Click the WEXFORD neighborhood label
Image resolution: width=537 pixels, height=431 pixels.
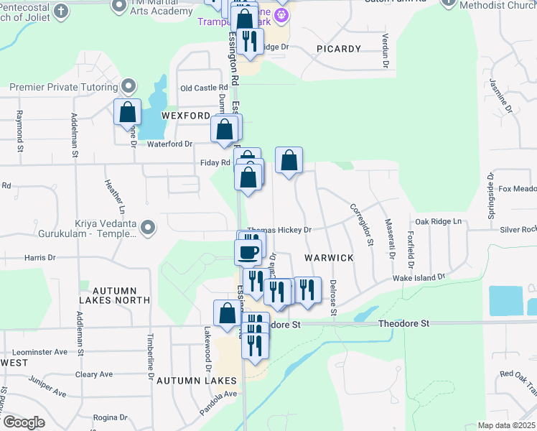point(186,115)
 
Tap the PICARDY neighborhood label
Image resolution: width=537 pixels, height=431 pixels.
point(337,49)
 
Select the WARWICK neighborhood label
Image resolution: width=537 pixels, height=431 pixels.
point(329,257)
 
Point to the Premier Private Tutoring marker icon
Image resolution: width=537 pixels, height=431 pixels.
point(129,87)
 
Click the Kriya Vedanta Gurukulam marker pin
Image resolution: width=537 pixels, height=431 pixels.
point(148,228)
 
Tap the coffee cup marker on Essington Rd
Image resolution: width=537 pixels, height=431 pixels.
point(248,252)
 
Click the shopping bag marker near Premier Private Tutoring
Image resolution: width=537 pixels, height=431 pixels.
point(127,112)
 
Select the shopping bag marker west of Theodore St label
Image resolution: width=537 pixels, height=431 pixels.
point(227,313)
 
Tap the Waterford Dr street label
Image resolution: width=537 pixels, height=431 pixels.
point(170,144)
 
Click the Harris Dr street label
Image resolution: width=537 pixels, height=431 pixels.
point(39,257)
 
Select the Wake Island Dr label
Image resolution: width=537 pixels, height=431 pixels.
point(419,277)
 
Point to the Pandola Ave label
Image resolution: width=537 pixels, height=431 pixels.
point(218,394)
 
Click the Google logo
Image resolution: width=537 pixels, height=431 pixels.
point(23,422)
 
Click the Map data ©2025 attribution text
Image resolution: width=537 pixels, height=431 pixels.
point(506,425)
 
